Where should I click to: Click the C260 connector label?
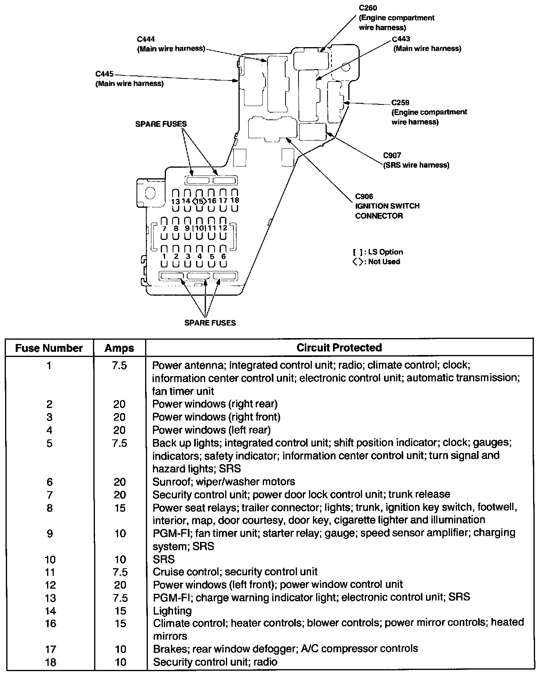tap(368, 8)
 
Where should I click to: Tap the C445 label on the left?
tap(104, 74)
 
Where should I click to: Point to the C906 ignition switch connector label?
tap(364, 196)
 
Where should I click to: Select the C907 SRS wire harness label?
tap(392, 156)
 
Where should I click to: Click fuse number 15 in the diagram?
tap(200, 201)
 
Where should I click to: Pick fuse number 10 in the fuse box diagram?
tap(200, 228)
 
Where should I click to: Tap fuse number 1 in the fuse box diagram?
tap(164, 256)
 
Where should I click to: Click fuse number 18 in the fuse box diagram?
tap(235, 200)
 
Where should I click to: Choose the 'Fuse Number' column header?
tap(49, 348)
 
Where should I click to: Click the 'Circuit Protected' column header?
tap(339, 348)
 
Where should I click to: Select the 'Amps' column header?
tap(119, 348)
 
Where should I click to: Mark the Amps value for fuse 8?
tap(120, 508)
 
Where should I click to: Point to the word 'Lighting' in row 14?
tap(172, 611)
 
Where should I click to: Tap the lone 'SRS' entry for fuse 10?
tap(164, 559)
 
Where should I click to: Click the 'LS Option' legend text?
tap(385, 252)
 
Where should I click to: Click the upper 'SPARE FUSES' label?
tap(161, 124)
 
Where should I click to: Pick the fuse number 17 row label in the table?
tap(51, 650)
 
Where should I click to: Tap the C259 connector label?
tap(400, 103)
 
